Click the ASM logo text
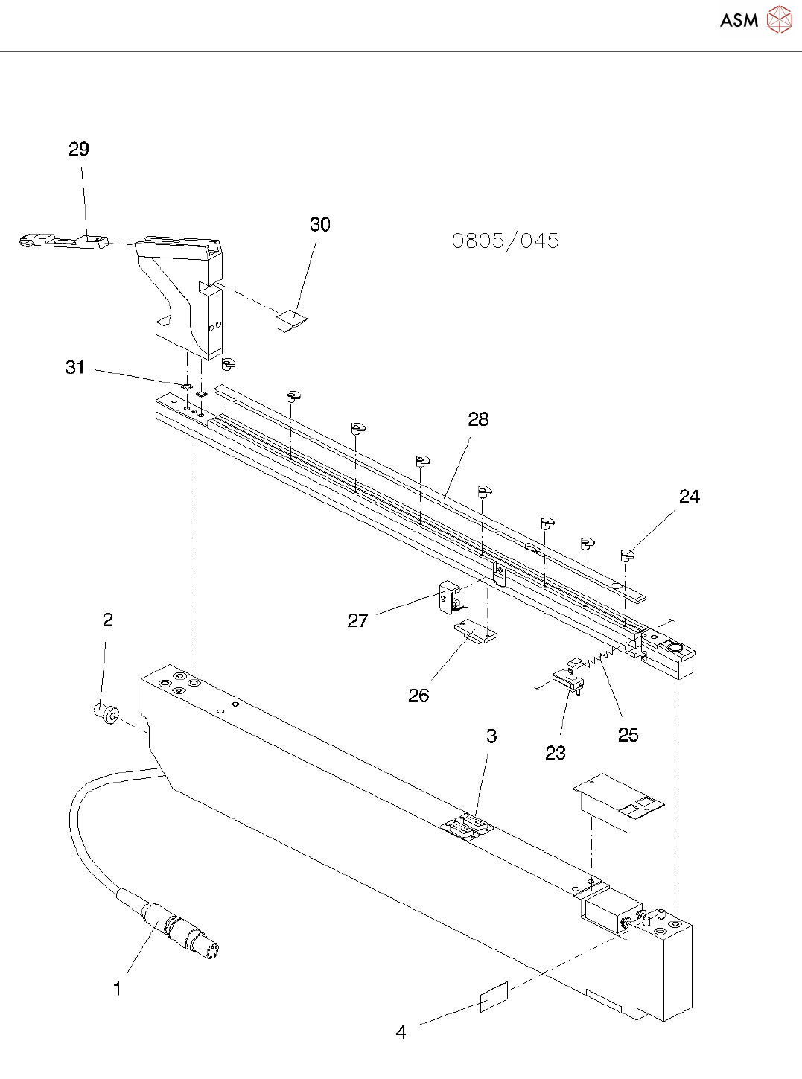[x=739, y=20]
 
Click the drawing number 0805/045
[x=505, y=241]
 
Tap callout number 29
[x=79, y=150]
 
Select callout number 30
[x=320, y=225]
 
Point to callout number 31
[x=75, y=367]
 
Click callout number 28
[x=478, y=420]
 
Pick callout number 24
[x=690, y=497]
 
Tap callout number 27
[x=357, y=620]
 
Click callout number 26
[x=418, y=696]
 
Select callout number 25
[x=628, y=735]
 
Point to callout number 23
[x=556, y=753]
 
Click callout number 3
[x=491, y=736]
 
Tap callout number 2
[x=108, y=620]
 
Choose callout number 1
[x=117, y=989]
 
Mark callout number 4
[x=401, y=1032]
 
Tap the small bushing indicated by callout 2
[x=107, y=714]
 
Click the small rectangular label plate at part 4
[x=494, y=997]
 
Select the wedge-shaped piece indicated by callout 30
[x=290, y=321]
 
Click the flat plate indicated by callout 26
[x=474, y=632]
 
